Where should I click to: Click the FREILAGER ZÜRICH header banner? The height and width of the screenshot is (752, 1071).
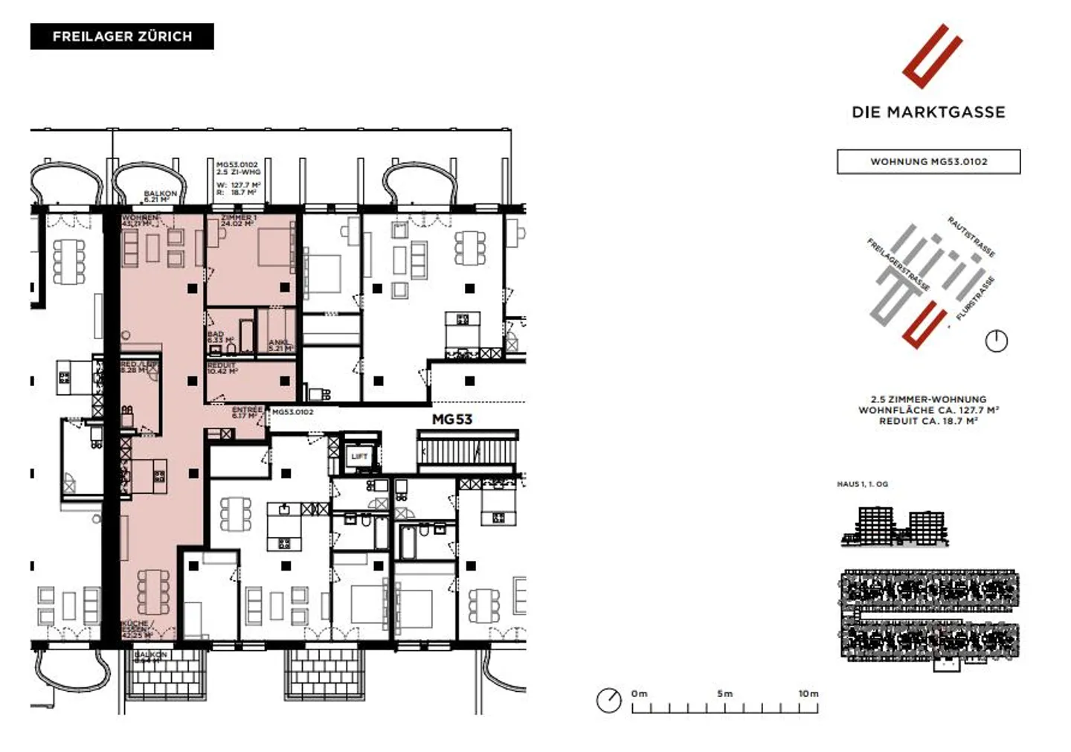(x=122, y=36)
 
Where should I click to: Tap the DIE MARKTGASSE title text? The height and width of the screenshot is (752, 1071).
(x=928, y=112)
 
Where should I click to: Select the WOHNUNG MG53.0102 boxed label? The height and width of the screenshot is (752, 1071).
(x=928, y=161)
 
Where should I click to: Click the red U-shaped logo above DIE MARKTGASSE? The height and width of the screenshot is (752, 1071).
(x=932, y=56)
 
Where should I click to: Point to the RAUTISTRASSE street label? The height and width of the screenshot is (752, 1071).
(x=971, y=237)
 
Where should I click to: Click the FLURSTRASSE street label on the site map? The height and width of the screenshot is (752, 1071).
(x=975, y=299)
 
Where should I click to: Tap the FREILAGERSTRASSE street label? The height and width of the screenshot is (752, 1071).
(x=898, y=265)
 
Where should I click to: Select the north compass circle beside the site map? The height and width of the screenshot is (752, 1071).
(x=996, y=341)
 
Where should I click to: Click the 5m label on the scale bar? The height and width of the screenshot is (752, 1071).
(x=724, y=693)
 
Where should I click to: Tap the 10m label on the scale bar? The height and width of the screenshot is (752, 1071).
(x=808, y=693)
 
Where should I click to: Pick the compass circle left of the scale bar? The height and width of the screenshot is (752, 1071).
(x=608, y=700)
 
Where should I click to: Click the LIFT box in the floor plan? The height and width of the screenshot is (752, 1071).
(x=359, y=457)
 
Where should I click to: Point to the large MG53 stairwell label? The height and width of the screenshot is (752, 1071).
(x=452, y=420)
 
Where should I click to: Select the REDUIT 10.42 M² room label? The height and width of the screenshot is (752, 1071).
(x=222, y=368)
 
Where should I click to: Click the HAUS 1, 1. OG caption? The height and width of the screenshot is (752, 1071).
(x=862, y=484)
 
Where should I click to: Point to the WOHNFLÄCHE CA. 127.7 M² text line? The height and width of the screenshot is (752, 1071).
(x=928, y=410)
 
